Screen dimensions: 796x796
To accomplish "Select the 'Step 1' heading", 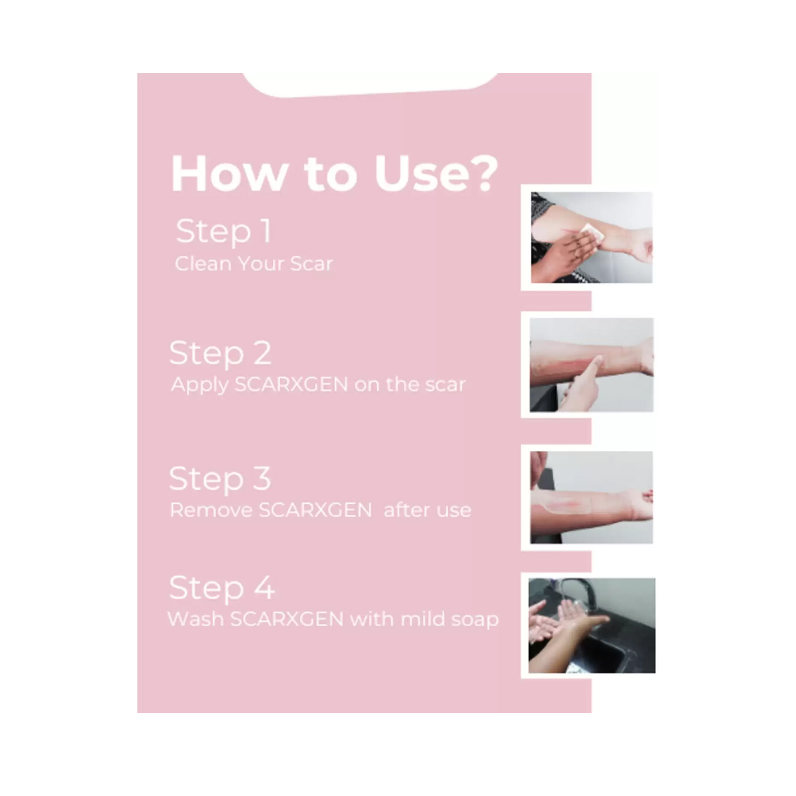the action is (223, 232).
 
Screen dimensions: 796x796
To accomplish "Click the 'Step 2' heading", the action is (220, 354).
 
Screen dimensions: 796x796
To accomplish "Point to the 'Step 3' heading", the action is (220, 479).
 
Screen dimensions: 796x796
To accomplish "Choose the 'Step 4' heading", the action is (222, 589).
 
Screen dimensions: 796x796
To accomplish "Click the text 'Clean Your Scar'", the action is (254, 264).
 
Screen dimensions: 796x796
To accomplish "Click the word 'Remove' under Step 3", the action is (211, 510).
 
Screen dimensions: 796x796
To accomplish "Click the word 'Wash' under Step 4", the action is (195, 619).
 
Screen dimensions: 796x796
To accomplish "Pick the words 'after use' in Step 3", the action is (427, 510).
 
